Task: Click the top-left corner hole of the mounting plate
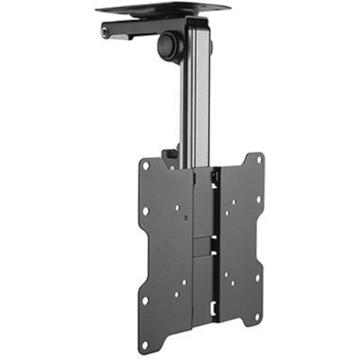point(145,166)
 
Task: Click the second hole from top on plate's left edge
point(145,211)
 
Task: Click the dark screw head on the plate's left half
point(178,209)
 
